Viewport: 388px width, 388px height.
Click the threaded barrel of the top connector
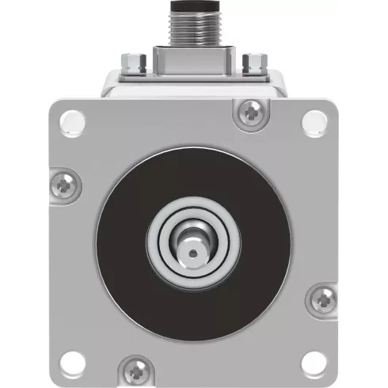click(x=193, y=30)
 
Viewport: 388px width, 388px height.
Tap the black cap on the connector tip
click(x=193, y=6)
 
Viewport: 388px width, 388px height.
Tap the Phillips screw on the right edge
click(x=322, y=299)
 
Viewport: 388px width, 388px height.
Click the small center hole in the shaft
click(x=192, y=253)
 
